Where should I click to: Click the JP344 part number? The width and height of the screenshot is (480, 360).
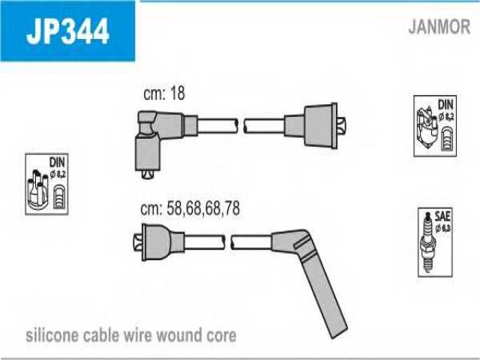coord(67,31)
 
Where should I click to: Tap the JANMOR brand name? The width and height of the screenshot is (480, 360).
coord(439,27)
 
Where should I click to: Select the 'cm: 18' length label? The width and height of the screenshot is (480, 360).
coord(164,93)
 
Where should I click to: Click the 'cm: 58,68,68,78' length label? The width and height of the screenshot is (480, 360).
coord(190,208)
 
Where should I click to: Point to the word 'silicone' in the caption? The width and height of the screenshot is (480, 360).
coord(48,335)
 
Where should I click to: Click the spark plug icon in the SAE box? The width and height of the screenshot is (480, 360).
coord(427,241)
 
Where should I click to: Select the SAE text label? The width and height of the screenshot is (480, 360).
coord(442,217)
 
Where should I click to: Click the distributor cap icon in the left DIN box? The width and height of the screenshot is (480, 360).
coord(37,190)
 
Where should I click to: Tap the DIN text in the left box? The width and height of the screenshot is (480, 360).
coord(57,162)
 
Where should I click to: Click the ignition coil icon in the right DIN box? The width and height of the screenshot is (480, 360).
coord(427,127)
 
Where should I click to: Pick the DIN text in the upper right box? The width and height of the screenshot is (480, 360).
coord(445,105)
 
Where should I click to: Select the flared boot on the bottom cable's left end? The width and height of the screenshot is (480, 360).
coord(163,242)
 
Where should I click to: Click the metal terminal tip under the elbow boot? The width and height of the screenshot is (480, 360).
coord(147,174)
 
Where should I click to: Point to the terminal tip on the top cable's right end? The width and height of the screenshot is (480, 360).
coord(342,125)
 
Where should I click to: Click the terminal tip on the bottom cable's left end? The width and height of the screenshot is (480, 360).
coord(138,242)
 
